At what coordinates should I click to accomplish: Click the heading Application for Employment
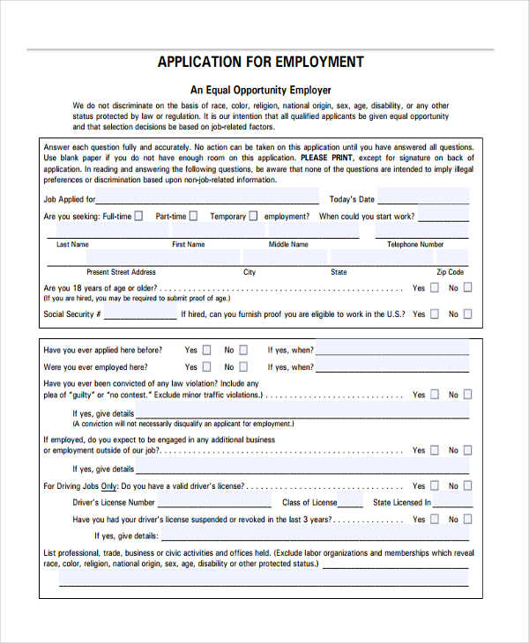pyautogui.click(x=260, y=62)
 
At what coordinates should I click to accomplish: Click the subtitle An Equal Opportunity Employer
pyautogui.click(x=261, y=90)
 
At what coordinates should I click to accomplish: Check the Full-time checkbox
pyautogui.click(x=138, y=216)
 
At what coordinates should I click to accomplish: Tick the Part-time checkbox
pyautogui.click(x=193, y=216)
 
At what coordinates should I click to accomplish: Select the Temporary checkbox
pyautogui.click(x=253, y=216)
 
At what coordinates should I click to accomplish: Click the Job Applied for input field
pyautogui.click(x=208, y=197)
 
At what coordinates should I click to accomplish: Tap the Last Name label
pyautogui.click(x=72, y=245)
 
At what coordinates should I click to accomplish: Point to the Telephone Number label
pyautogui.click(x=415, y=245)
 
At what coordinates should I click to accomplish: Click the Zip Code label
pyautogui.click(x=450, y=273)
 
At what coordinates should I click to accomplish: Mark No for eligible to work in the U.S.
pyautogui.click(x=467, y=314)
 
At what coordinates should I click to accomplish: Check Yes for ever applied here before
pyautogui.click(x=206, y=350)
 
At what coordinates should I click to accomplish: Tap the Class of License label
pyautogui.click(x=309, y=503)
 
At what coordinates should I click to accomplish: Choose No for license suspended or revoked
pyautogui.click(x=467, y=520)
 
